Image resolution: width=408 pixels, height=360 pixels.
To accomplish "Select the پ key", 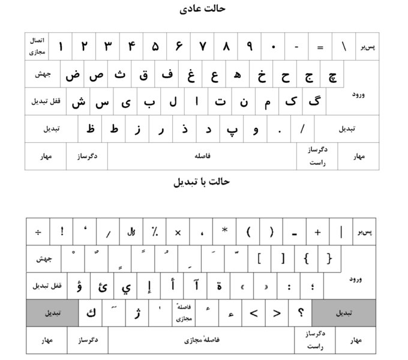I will pos(232,129).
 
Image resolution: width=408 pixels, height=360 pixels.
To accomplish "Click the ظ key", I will pos(91,129).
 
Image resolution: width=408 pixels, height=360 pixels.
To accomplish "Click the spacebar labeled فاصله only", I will pos(202,156).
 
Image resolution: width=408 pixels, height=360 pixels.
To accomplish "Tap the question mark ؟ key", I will pos(301,313).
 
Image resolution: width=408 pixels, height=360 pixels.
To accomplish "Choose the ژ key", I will pos(137,313).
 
